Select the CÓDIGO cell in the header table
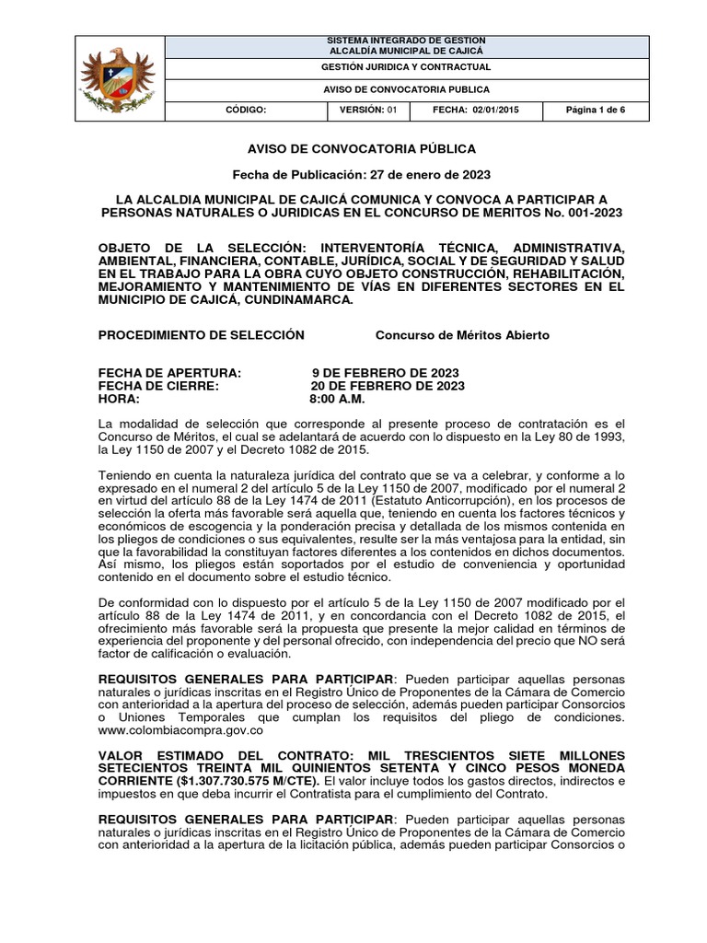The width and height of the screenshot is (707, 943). click(x=246, y=110)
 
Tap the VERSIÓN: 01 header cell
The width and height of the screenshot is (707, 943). click(x=366, y=110)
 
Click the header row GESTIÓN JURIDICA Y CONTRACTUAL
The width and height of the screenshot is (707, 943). click(x=405, y=67)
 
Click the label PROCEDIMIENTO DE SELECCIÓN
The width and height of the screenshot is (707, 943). click(x=201, y=335)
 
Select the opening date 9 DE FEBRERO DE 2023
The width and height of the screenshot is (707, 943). click(x=386, y=373)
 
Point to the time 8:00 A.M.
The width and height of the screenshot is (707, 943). click(x=338, y=400)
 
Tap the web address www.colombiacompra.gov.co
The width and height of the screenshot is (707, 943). click(x=181, y=730)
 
